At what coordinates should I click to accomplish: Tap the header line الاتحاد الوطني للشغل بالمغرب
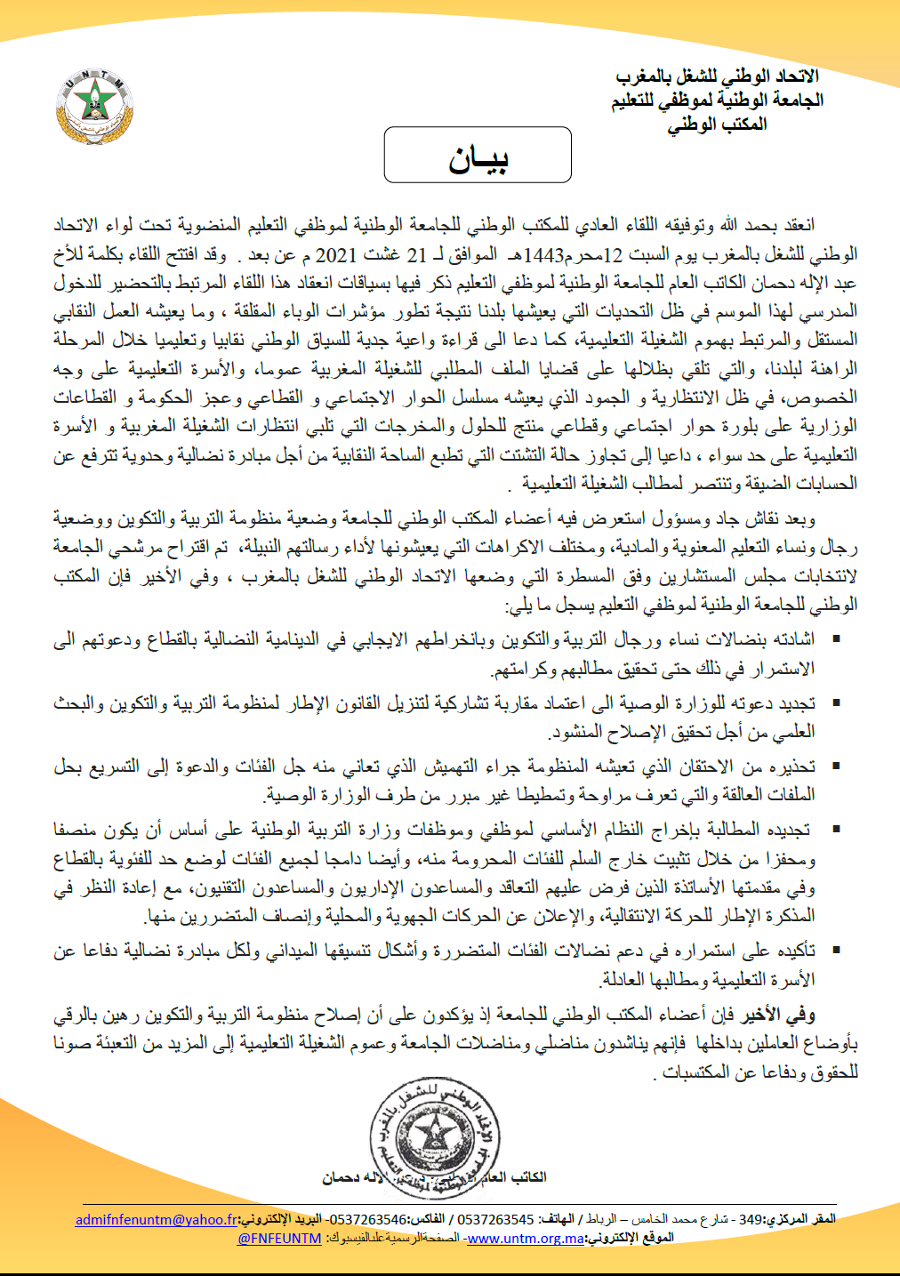[717, 76]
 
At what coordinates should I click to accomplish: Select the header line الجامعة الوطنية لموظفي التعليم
[717, 100]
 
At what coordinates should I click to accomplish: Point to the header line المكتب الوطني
[717, 124]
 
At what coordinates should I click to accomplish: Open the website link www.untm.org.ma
[526, 1238]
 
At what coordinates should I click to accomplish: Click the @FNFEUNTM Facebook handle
[279, 1238]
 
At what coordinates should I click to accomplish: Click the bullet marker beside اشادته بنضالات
[835, 638]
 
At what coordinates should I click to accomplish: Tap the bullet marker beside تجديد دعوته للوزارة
[835, 702]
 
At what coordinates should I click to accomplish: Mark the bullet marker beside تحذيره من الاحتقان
[835, 765]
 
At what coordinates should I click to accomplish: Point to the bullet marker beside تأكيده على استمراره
[835, 950]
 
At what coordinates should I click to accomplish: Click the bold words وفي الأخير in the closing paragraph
[780, 1014]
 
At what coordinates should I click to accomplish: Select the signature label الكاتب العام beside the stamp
[514, 1177]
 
